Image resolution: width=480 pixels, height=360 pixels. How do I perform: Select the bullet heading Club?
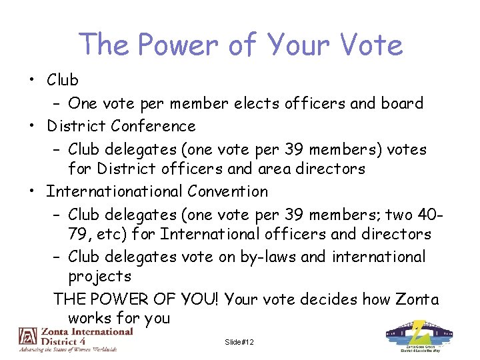click(63, 80)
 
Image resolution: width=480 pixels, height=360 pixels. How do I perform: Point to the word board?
click(401, 103)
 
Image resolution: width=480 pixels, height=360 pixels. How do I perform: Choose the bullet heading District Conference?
click(121, 126)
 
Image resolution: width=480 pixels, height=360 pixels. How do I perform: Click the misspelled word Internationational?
click(114, 191)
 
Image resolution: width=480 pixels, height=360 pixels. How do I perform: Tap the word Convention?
click(228, 191)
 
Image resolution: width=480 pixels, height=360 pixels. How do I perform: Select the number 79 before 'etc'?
click(79, 235)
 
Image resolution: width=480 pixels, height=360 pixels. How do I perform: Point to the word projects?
click(99, 276)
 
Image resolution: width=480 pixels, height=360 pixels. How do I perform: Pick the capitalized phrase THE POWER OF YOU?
click(136, 299)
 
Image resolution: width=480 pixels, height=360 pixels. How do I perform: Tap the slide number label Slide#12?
click(239, 342)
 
